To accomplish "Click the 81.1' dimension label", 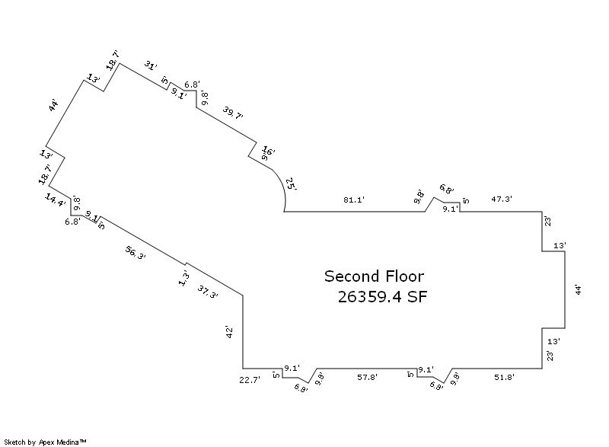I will click(354, 200).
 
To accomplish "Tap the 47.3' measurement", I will click(501, 199).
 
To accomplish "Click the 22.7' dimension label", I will click(250, 378).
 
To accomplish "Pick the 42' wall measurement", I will click(228, 332).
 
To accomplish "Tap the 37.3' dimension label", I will click(208, 291).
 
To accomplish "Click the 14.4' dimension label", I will click(55, 200).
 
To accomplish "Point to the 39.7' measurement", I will click(233, 115).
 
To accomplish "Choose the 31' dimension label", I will click(151, 66).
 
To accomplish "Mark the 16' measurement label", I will click(268, 150).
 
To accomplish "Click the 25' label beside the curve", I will click(292, 184).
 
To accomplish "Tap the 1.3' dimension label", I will click(183, 278).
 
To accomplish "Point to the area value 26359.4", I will click(371, 297).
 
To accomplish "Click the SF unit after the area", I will click(417, 297).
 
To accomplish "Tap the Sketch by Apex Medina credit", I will click(46, 441).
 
